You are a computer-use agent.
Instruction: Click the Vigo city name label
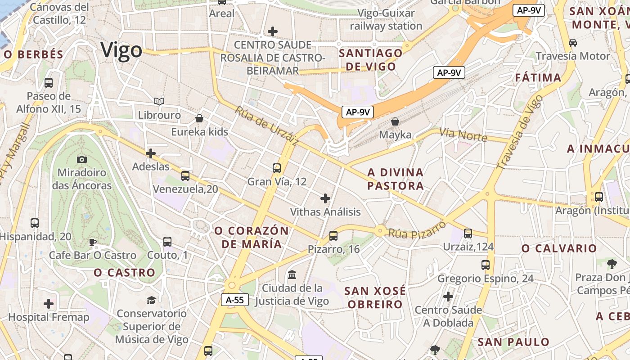point(121,50)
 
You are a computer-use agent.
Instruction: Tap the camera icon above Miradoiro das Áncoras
point(82,159)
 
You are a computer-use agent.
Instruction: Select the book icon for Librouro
point(159,101)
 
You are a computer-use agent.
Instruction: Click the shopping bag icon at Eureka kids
point(199,118)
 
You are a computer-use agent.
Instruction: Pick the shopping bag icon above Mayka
point(395,121)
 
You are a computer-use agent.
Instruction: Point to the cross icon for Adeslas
point(151,153)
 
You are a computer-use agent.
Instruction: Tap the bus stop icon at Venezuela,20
point(185,176)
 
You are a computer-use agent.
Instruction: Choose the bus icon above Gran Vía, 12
point(277,168)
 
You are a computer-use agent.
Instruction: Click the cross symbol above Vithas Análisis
point(325,198)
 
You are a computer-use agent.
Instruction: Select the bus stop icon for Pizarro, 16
point(333,235)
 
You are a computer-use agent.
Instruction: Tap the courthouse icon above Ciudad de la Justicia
point(292,274)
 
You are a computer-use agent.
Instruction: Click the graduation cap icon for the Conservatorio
point(152,300)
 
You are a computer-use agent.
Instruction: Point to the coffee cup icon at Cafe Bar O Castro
point(93,242)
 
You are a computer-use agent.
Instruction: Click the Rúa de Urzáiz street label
point(266,126)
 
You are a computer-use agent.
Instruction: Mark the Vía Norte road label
point(463,134)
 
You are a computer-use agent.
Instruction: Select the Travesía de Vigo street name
point(520,135)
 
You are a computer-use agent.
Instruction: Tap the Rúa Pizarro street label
point(417,230)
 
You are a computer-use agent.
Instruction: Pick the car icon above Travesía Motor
point(573,43)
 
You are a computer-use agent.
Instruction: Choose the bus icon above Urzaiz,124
point(468,233)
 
